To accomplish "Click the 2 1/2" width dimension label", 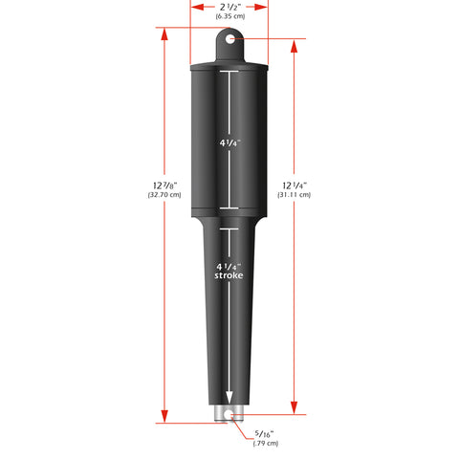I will [229, 6].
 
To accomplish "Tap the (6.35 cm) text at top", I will [229, 17].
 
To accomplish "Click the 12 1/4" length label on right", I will [293, 185].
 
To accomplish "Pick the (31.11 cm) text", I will [293, 194].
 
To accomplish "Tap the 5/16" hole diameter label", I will [263, 433].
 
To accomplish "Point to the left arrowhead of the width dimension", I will [195, 6].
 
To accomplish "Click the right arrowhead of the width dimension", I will [264, 6].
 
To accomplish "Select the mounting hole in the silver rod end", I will [229, 415].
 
